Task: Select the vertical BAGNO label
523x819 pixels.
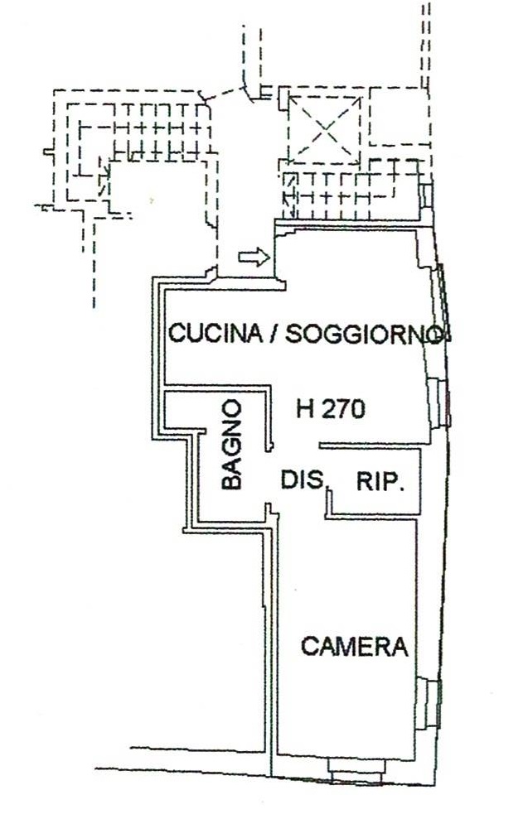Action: click(x=232, y=445)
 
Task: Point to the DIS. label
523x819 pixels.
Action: click(x=303, y=479)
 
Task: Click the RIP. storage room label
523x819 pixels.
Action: click(x=380, y=481)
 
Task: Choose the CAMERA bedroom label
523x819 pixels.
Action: click(x=354, y=646)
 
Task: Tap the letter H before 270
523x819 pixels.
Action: click(x=306, y=409)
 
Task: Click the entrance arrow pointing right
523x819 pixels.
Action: click(x=254, y=257)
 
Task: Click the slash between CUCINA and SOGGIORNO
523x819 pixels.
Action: click(x=273, y=333)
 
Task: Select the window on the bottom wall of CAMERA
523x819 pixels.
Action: click(x=356, y=770)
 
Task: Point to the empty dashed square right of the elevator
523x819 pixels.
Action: click(x=399, y=116)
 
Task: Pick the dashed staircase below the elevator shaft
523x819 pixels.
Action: click(x=351, y=190)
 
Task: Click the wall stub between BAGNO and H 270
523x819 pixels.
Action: click(x=270, y=418)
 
